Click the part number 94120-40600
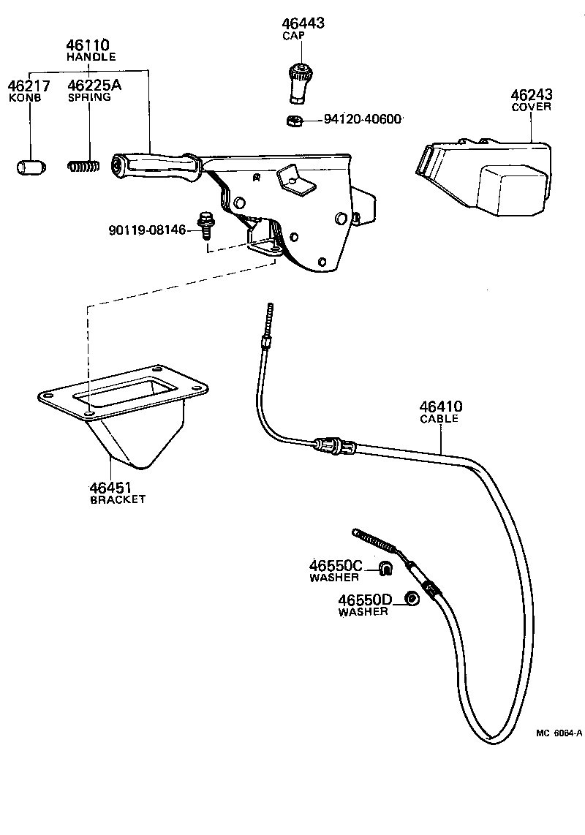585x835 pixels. (x=362, y=119)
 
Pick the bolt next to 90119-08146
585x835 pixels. (x=205, y=225)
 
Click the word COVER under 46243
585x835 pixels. (x=531, y=107)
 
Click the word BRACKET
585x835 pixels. (x=117, y=500)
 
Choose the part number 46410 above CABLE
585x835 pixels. (x=440, y=407)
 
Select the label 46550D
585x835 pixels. (x=365, y=600)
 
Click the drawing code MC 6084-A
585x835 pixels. (x=558, y=733)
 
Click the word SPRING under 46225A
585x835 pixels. (x=88, y=97)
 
